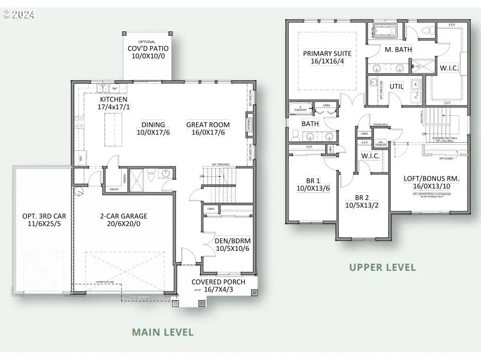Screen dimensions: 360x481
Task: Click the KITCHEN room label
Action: pyautogui.click(x=114, y=99)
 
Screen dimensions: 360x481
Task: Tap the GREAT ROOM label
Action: pyautogui.click(x=208, y=124)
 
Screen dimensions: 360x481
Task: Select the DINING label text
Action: pyautogui.click(x=154, y=124)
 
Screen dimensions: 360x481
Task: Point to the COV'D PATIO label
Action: pyautogui.click(x=147, y=48)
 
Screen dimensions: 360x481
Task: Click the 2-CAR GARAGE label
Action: pyautogui.click(x=123, y=216)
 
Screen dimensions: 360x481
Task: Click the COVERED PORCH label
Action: pyautogui.click(x=219, y=282)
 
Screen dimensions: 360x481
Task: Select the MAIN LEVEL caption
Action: pyautogui.click(x=163, y=332)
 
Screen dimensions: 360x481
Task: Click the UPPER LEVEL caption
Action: pyautogui.click(x=383, y=267)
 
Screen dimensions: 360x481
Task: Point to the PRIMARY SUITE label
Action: pyautogui.click(x=327, y=54)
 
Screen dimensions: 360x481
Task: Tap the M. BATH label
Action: pyautogui.click(x=398, y=49)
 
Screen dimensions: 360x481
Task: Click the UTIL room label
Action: pyautogui.click(x=397, y=86)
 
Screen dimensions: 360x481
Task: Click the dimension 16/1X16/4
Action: pyautogui.click(x=327, y=62)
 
